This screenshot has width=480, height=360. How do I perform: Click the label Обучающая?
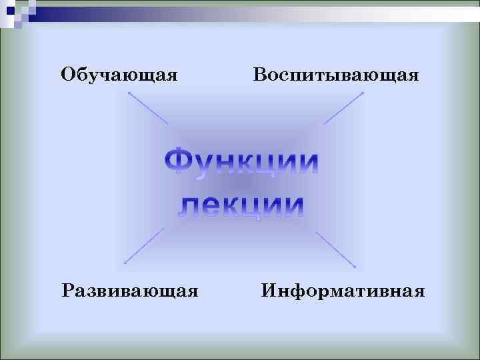[x=119, y=74]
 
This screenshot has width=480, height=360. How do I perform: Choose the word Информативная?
[x=343, y=291]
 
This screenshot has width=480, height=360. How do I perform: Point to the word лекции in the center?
[x=241, y=205]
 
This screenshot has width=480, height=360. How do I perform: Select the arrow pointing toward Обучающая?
[x=147, y=108]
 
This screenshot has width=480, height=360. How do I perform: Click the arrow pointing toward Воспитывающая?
[x=343, y=108]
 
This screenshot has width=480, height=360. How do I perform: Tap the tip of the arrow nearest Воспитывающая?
[x=363, y=93]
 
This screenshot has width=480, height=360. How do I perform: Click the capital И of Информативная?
[x=269, y=291]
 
